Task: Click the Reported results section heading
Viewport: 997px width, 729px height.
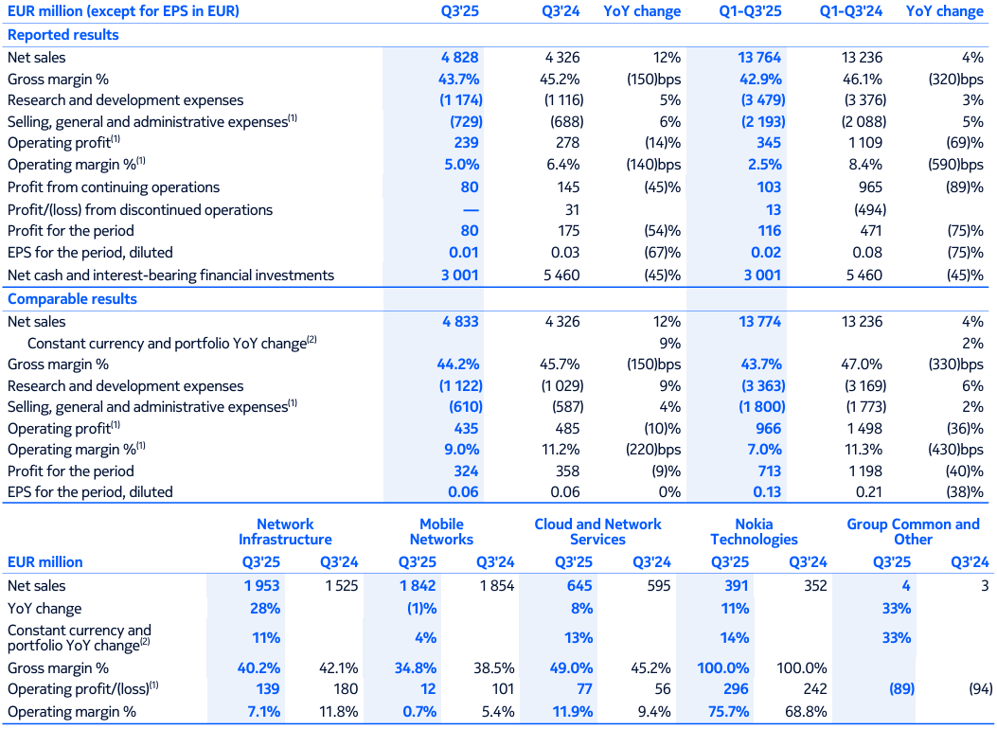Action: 63,35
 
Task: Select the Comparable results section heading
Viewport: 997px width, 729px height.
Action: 72,299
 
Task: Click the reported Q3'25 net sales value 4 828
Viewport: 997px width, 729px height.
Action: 459,58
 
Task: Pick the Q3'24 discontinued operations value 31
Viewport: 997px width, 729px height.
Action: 570,210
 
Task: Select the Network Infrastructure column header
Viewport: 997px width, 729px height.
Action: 285,532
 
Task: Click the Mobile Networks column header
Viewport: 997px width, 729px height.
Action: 441,532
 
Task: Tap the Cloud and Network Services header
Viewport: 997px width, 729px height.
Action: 597,532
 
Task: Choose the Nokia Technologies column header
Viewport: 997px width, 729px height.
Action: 754,532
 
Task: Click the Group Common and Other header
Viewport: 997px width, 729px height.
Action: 913,532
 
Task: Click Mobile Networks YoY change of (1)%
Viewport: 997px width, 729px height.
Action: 421,609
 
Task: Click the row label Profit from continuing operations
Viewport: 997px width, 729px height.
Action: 114,187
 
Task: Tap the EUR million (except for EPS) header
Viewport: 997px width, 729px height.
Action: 123,11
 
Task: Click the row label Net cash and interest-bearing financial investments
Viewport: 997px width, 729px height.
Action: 170,276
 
